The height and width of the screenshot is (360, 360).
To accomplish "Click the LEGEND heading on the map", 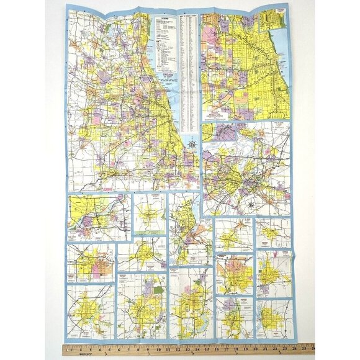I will click(165, 19).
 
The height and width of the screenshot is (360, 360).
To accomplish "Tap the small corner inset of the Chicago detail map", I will click(281, 18).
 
